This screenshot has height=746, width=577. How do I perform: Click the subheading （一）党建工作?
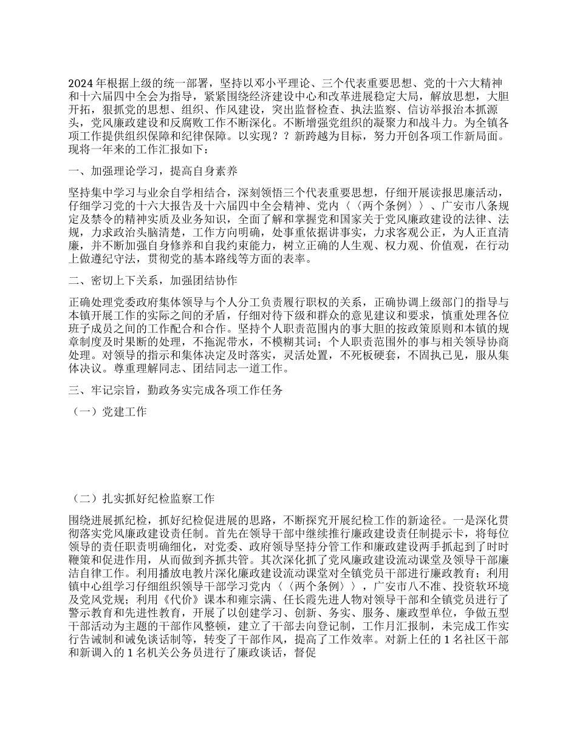(x=110, y=412)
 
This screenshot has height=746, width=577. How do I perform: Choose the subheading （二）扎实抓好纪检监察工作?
(x=143, y=499)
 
